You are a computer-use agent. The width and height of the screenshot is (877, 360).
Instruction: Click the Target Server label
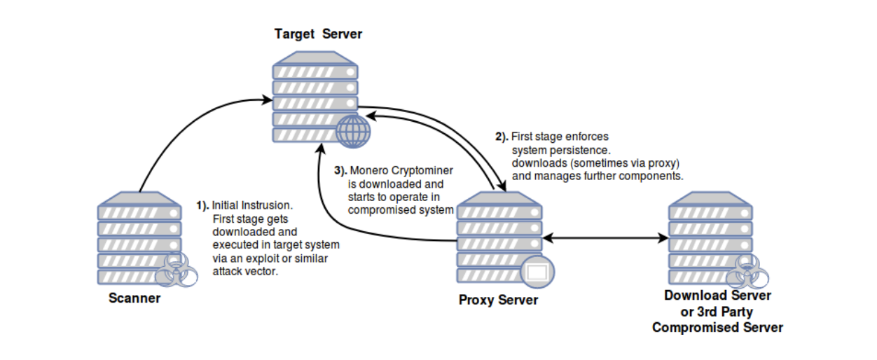[x=318, y=34]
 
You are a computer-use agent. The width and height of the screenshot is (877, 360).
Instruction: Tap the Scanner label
[x=134, y=298]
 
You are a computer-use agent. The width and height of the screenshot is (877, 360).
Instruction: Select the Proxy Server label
[x=498, y=300]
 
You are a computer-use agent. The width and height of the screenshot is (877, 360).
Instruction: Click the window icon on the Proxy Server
[x=537, y=272]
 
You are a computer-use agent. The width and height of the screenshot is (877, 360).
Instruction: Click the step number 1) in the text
[x=202, y=205]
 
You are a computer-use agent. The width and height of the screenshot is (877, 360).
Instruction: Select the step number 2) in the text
[x=502, y=137]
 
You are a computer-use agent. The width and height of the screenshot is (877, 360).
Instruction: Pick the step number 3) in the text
[x=340, y=171]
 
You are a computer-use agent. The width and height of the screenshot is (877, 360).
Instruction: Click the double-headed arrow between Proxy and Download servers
[x=606, y=239]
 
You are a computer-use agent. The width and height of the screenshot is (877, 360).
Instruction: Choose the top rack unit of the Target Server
[x=315, y=71]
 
